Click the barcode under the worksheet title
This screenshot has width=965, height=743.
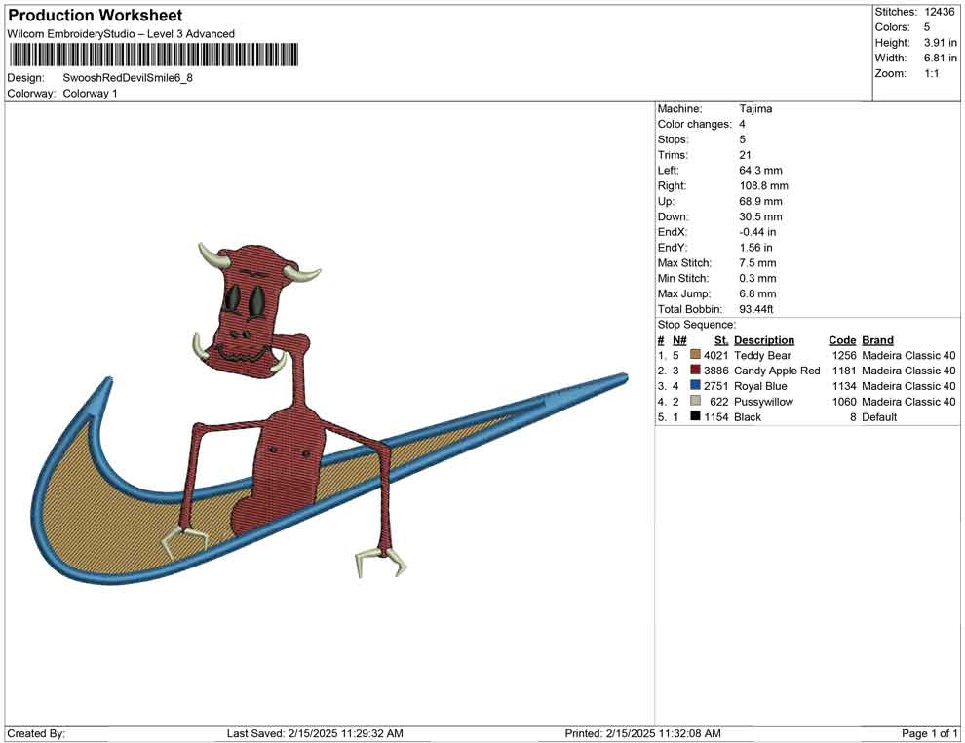tap(153, 55)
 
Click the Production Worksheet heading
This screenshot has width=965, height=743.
tap(96, 16)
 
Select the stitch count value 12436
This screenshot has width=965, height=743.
tap(939, 12)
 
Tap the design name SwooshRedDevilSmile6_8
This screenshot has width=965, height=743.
tap(128, 78)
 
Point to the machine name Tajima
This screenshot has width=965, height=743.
tap(755, 108)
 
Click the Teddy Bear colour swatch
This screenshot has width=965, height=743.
tap(695, 355)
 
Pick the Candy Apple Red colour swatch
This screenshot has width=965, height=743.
tap(695, 370)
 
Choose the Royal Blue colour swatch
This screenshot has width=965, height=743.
tap(695, 385)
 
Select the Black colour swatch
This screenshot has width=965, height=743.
tap(695, 416)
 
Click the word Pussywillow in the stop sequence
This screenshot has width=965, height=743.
tap(764, 402)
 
